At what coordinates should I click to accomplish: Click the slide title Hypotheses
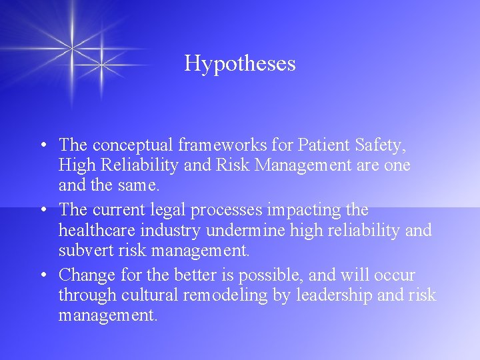[240, 63]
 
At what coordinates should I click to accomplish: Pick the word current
[117, 210]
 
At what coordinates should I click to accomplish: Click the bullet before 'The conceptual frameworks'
[42, 145]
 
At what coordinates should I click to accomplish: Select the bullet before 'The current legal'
[42, 211]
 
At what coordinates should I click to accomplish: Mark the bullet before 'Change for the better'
[42, 275]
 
